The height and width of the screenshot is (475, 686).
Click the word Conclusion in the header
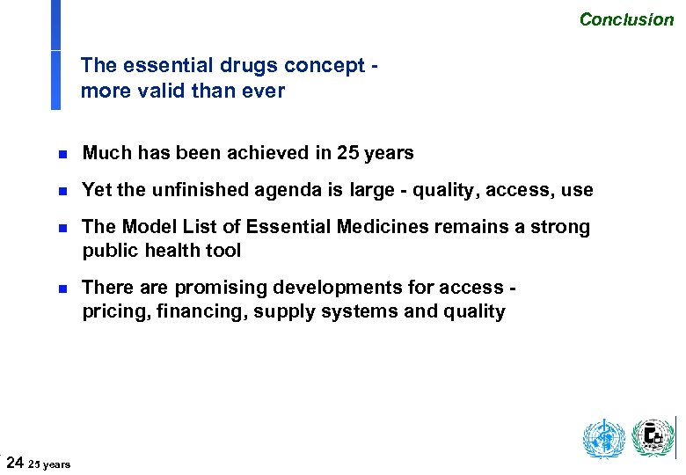click(x=626, y=19)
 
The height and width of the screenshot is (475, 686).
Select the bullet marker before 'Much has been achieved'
click(x=62, y=154)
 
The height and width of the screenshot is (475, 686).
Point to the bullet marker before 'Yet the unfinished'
click(x=62, y=191)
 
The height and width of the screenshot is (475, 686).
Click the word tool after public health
click(x=222, y=252)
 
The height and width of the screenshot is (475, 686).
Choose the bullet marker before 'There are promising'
click(x=62, y=289)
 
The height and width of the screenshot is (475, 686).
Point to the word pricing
click(x=113, y=312)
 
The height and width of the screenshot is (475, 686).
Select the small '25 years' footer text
click(x=49, y=464)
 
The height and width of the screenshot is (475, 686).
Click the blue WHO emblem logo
click(x=603, y=438)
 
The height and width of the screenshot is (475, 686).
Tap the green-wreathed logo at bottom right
click(x=653, y=437)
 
